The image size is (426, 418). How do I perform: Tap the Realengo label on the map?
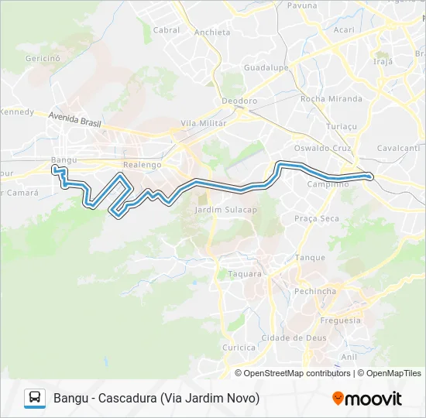[142, 165]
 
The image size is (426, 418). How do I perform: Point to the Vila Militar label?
[203, 123]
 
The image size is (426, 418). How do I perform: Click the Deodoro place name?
[239, 101]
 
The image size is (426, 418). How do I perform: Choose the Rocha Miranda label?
[331, 99]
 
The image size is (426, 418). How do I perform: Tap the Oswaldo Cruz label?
[323, 148]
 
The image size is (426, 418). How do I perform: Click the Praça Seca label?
[317, 218]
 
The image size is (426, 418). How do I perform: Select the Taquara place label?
[245, 274]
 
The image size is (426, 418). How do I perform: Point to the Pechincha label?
[316, 291]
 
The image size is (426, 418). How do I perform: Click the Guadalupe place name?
[266, 67]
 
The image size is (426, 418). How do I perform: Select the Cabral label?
[167, 30]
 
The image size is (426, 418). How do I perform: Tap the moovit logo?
[367, 399]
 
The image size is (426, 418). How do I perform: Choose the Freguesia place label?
[340, 320]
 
